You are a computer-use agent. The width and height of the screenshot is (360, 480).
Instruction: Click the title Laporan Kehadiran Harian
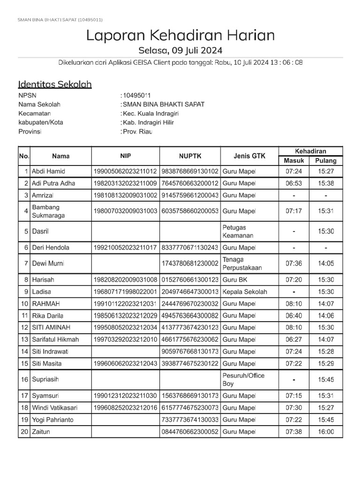pyautogui.click(x=180, y=36)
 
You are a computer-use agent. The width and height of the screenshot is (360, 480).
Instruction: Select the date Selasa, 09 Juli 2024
pyautogui.click(x=180, y=50)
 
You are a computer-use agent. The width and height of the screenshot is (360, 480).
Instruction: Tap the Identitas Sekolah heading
pyautogui.click(x=55, y=84)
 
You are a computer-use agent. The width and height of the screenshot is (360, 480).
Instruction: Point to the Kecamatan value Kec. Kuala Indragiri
pyautogui.click(x=151, y=113)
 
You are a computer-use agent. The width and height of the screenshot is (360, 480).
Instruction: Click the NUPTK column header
pyautogui.click(x=190, y=156)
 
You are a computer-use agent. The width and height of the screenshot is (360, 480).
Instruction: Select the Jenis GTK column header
pyautogui.click(x=249, y=156)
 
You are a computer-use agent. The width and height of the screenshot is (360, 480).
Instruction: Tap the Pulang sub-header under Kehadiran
pyautogui.click(x=326, y=161)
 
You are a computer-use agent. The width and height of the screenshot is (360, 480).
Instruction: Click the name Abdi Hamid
pyautogui.click(x=48, y=171)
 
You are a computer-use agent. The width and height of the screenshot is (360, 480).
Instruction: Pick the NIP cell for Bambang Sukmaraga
pyautogui.click(x=125, y=211)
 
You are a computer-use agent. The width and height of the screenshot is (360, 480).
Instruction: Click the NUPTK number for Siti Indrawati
pyautogui.click(x=190, y=351)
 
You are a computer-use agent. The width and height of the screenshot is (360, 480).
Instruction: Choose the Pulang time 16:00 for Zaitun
pyautogui.click(x=326, y=431)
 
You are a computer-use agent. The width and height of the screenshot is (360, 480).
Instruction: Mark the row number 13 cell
pyautogui.click(x=24, y=339)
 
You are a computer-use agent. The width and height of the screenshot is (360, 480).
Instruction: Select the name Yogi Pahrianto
pyautogui.click(x=52, y=420)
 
